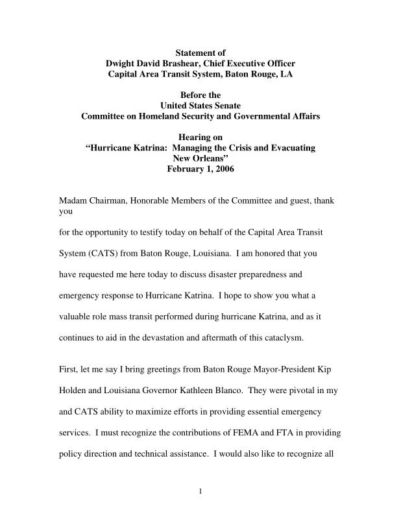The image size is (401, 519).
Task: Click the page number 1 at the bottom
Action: click(x=200, y=490)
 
